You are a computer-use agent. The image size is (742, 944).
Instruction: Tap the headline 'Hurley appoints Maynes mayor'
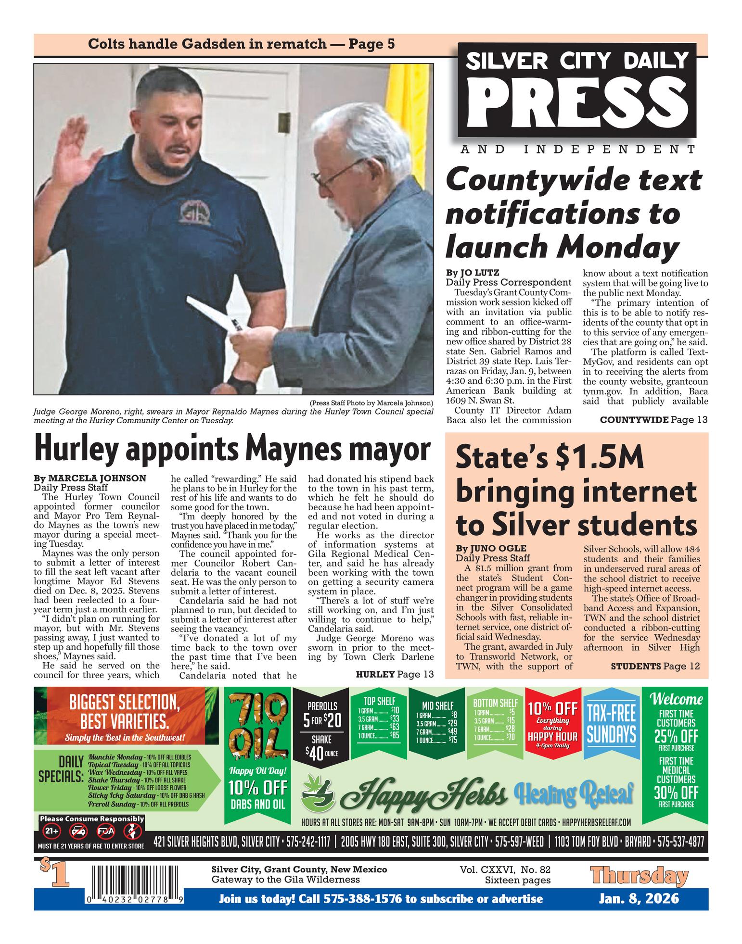click(231, 450)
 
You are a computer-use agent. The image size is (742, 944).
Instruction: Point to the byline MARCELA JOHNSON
click(90, 478)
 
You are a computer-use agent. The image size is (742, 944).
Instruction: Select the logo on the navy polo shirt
click(196, 212)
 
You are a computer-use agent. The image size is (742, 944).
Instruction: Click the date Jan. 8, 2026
click(639, 898)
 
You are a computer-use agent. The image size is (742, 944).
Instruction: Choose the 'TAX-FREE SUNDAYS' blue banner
click(612, 723)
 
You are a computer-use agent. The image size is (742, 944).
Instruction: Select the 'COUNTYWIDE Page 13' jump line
click(653, 420)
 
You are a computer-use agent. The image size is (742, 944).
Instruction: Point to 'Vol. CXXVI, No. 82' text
click(505, 869)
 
